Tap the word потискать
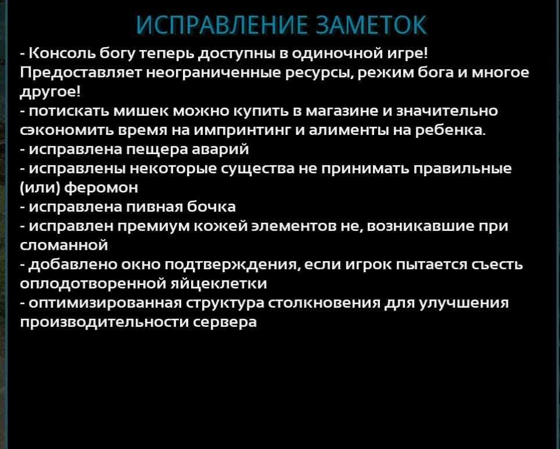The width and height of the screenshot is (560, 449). tap(69, 111)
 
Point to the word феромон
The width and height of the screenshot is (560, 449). tap(101, 188)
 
